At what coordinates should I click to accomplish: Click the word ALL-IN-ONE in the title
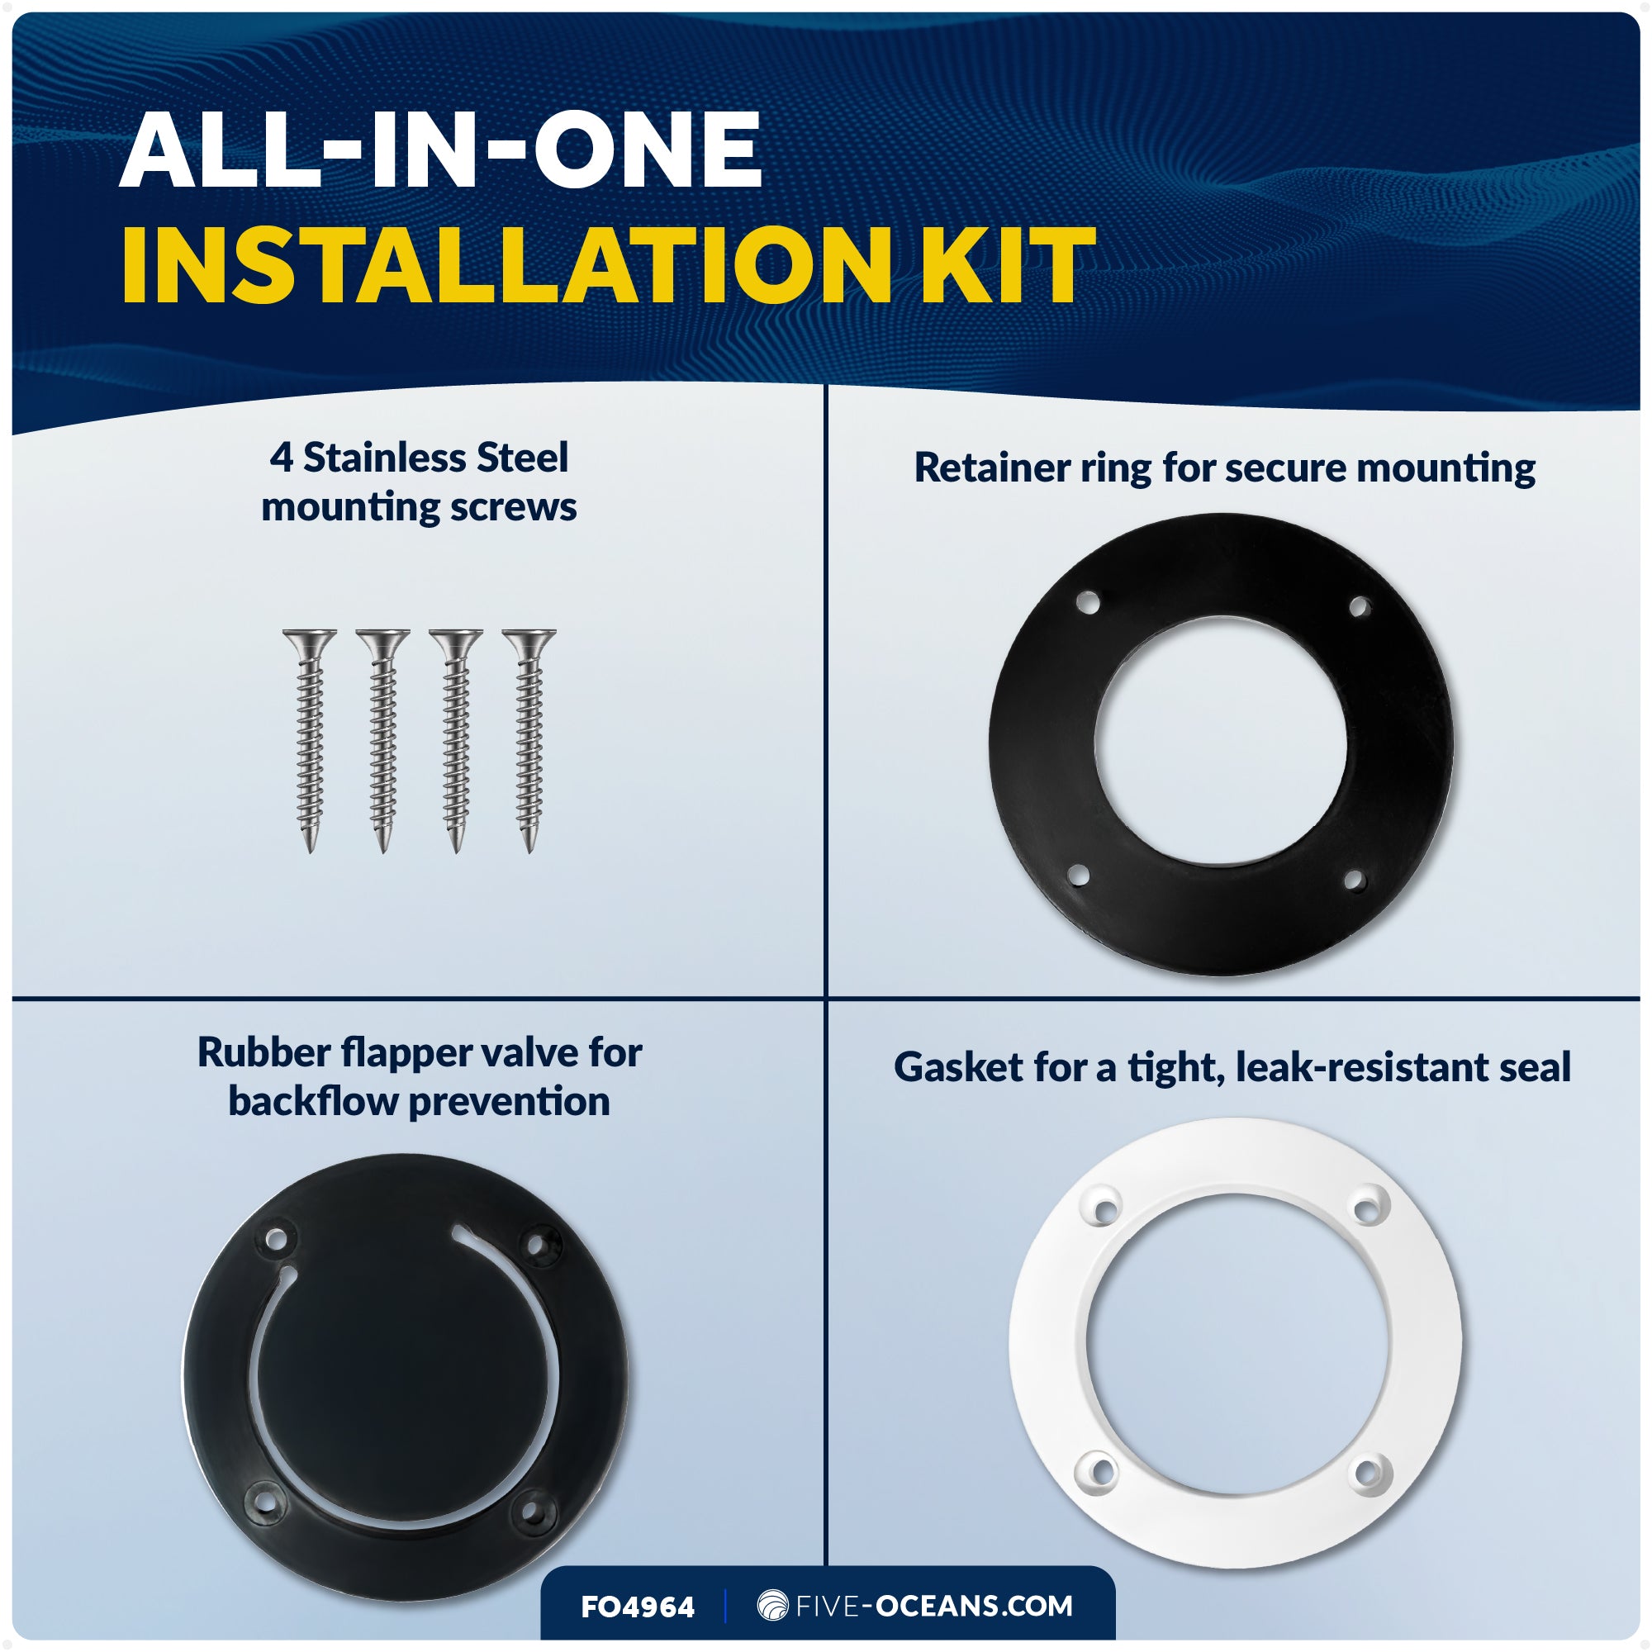tap(440, 150)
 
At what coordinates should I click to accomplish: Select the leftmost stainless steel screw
tap(310, 740)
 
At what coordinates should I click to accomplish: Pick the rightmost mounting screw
tap(529, 740)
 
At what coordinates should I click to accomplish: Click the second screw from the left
tap(383, 740)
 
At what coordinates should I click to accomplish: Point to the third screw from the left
tap(456, 740)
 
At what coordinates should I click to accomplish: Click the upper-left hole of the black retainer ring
tap(1088, 603)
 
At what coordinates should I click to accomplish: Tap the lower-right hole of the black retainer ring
tap(1354, 880)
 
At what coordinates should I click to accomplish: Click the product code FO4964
tap(638, 1607)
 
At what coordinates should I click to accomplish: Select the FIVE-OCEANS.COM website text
tap(933, 1606)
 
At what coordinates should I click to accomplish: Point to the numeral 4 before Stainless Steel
tap(282, 458)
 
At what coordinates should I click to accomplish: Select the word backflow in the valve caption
tap(313, 1101)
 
